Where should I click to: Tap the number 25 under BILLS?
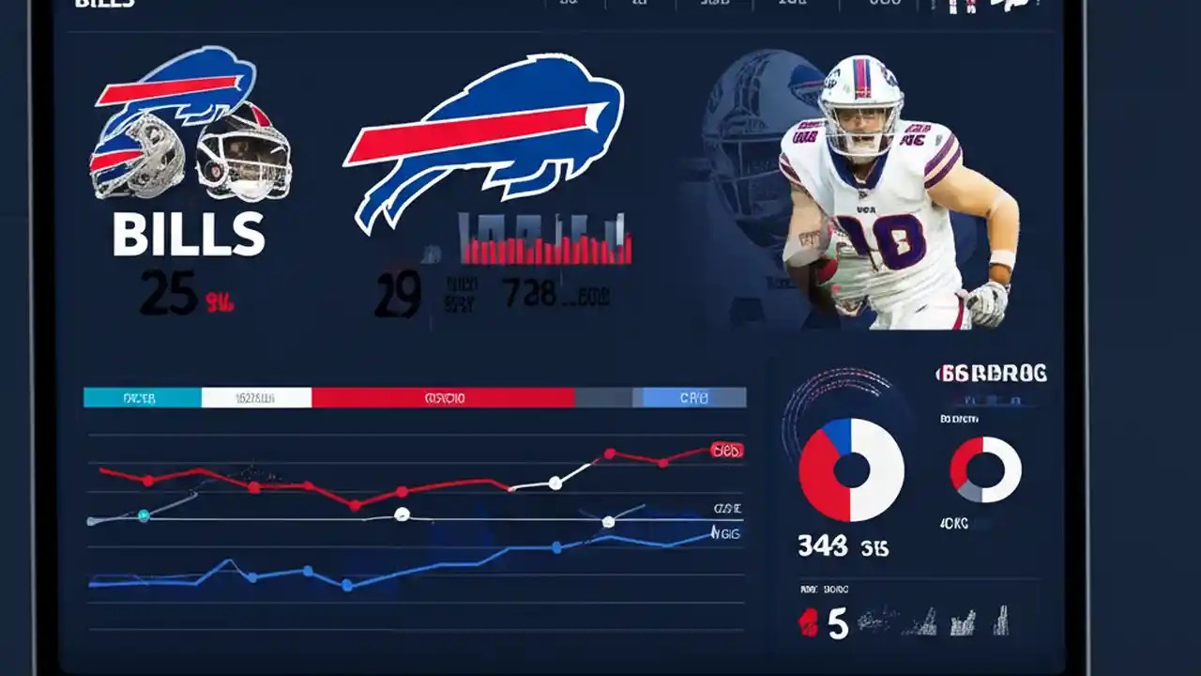pos(168,294)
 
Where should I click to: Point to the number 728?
pos(529,295)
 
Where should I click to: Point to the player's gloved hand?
pos(987,303)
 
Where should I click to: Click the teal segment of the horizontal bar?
pos(142,398)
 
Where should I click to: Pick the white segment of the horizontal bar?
pos(256,398)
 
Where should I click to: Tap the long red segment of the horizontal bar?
pos(443,398)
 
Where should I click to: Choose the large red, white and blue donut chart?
pos(851,470)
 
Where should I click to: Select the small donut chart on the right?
pos(985,469)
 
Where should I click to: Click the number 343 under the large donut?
pos(822,546)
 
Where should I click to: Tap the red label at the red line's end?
pos(726,451)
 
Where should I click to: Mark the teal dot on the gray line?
pos(144,515)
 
